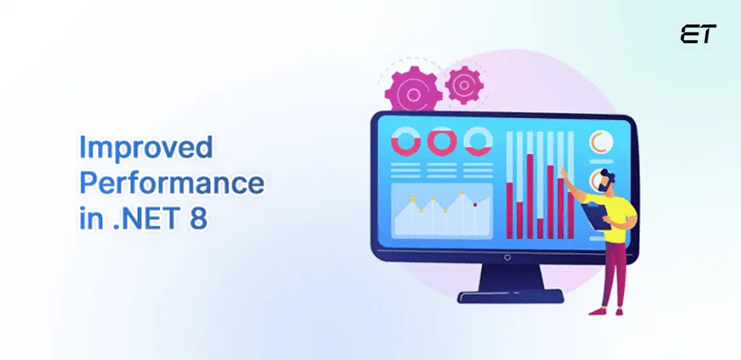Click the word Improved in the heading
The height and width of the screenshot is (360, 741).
(145, 149)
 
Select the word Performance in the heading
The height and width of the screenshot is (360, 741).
(171, 183)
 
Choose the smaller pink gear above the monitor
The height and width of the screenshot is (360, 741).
(463, 85)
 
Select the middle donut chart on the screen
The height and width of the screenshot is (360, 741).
(441, 142)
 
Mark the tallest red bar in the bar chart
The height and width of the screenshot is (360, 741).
(530, 196)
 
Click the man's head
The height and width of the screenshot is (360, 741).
(605, 180)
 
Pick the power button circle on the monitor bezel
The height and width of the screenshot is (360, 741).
(507, 258)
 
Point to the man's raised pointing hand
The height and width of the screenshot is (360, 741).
(562, 171)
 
